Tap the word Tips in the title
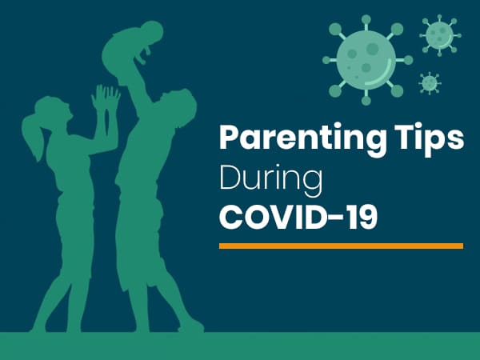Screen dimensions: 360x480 [433, 139]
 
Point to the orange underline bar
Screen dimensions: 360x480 [341, 246]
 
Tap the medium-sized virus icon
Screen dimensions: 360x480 [438, 34]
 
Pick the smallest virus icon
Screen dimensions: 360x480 [430, 82]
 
